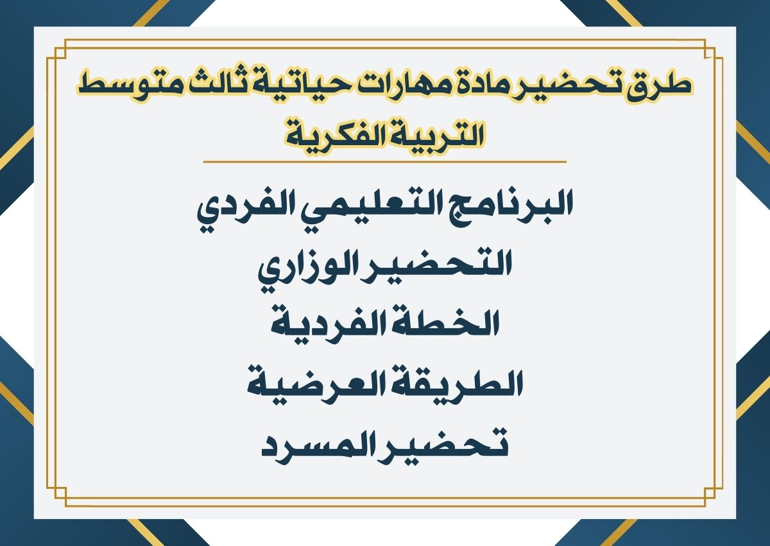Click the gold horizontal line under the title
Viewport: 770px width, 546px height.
coord(385,162)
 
